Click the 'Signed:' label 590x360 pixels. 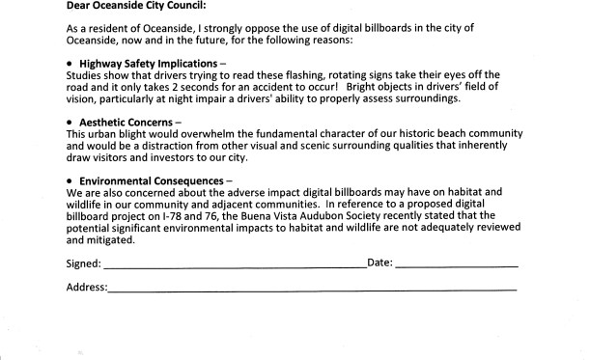[83, 263]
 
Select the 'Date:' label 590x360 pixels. [379, 263]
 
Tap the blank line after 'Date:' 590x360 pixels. [456, 265]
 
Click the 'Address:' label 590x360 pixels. [87, 288]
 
